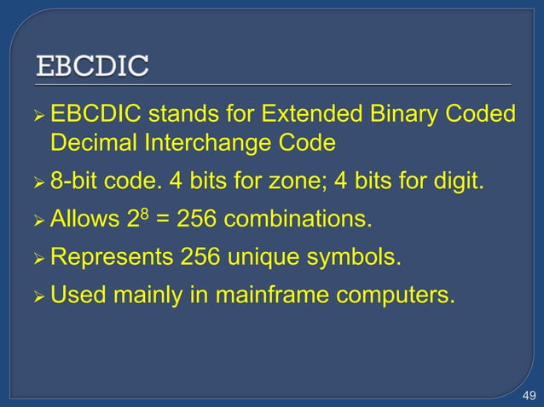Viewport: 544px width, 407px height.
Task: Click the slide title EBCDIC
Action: coord(92,66)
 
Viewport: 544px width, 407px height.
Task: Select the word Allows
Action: coord(84,221)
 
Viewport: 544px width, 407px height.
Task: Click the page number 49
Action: coord(528,393)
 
